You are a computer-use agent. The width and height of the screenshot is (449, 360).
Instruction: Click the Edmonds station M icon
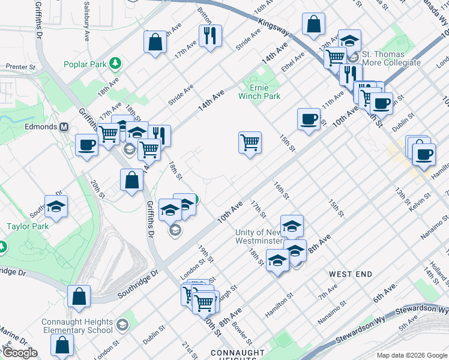click(64, 127)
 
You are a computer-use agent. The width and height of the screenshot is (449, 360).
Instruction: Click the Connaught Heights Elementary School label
click(77, 326)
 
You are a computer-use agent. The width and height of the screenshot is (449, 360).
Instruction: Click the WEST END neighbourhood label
click(351, 274)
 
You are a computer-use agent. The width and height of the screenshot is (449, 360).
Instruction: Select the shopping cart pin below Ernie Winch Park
click(250, 143)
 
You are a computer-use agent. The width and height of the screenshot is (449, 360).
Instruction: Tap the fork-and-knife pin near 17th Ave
click(210, 35)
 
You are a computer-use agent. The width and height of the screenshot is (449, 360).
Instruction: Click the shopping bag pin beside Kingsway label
click(313, 25)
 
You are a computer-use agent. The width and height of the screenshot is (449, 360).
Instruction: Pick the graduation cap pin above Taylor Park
click(56, 206)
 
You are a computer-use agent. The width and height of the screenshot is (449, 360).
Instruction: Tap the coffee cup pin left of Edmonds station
click(86, 145)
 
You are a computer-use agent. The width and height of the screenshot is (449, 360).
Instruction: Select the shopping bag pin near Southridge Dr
click(79, 296)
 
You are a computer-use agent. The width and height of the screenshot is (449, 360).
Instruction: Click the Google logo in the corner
click(20, 353)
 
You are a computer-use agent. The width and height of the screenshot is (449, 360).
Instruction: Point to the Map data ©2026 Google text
click(411, 355)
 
